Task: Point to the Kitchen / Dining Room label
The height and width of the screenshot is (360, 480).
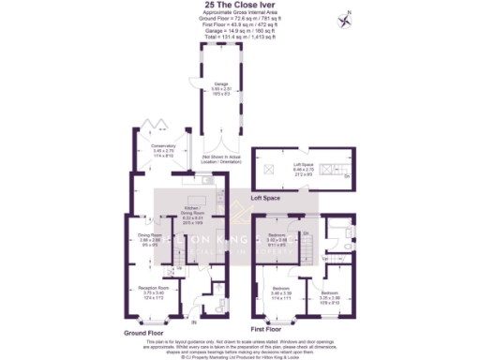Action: tap(195, 213)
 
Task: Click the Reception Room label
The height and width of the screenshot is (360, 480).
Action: tap(154, 291)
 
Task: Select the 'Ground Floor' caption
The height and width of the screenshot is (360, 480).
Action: tap(143, 333)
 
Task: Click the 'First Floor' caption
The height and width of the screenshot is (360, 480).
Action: tap(267, 330)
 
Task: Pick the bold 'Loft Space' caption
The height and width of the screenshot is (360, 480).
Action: tap(267, 199)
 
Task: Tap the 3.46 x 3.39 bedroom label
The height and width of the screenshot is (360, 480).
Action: tap(281, 292)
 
